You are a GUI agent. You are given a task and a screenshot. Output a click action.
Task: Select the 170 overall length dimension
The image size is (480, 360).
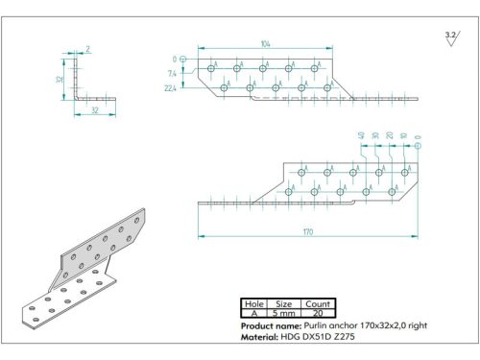[x=306, y=231]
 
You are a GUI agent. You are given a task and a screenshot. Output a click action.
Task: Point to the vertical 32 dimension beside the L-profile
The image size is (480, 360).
[x=59, y=80]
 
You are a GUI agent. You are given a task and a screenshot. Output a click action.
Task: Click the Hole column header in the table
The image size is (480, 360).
[x=254, y=303]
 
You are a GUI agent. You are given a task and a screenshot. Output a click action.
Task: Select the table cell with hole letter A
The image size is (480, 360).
[x=254, y=313]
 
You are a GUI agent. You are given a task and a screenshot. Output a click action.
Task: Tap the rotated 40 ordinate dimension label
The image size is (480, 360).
[x=361, y=135]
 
